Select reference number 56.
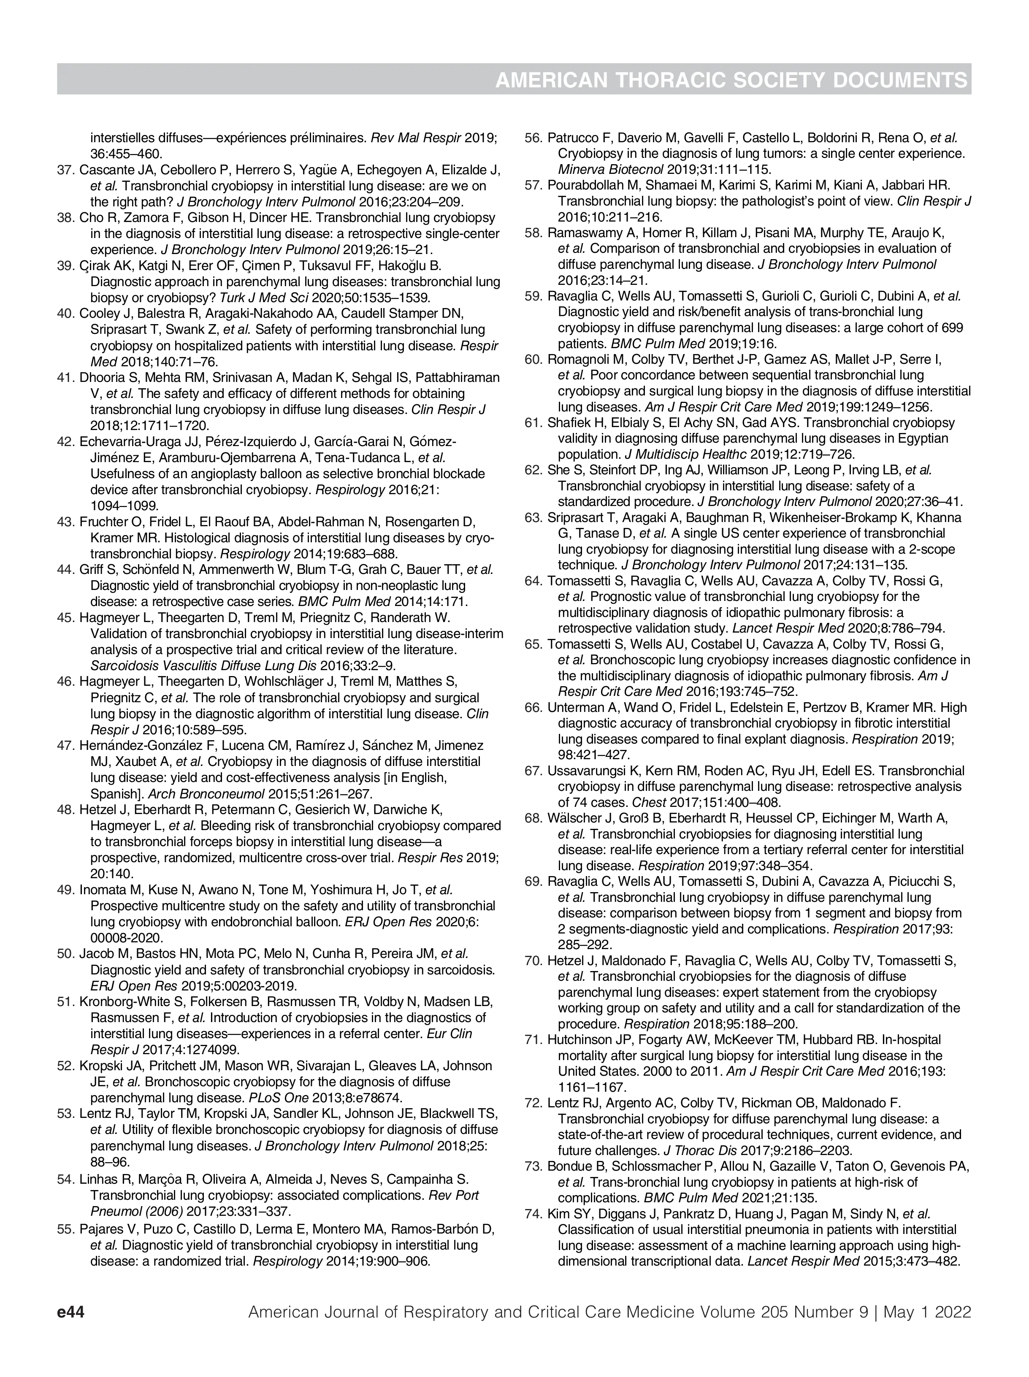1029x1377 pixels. click(533, 138)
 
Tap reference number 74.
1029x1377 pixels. click(533, 1213)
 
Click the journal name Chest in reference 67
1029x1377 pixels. click(645, 802)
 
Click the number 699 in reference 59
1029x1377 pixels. click(952, 327)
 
